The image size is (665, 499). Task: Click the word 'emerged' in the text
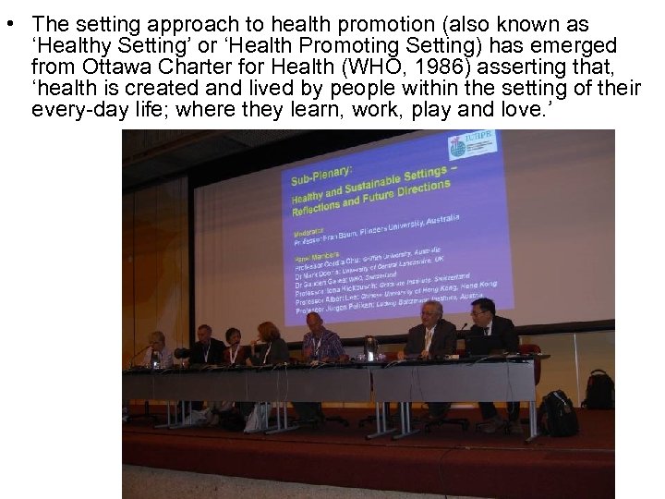pos(578,46)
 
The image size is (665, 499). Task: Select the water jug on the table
pos(369,348)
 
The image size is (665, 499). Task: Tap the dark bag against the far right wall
pos(598,389)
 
